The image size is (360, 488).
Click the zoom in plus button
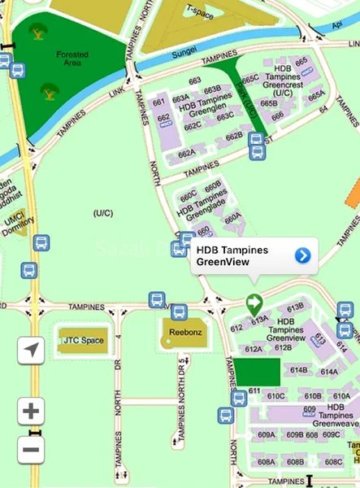pyautogui.click(x=31, y=411)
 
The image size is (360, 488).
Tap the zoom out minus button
pyautogui.click(x=31, y=449)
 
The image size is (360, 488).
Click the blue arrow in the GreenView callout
pyautogui.click(x=302, y=256)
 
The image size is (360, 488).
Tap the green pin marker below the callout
pyautogui.click(x=254, y=304)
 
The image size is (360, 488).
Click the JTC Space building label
pyautogui.click(x=83, y=340)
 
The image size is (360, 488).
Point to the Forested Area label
pyautogui.click(x=72, y=59)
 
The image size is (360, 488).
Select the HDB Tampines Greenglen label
pyautogui.click(x=199, y=106)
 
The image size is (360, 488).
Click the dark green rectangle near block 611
pyautogui.click(x=257, y=373)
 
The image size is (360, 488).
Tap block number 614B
pyautogui.click(x=298, y=370)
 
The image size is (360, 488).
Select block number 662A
pyautogui.click(x=187, y=153)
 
